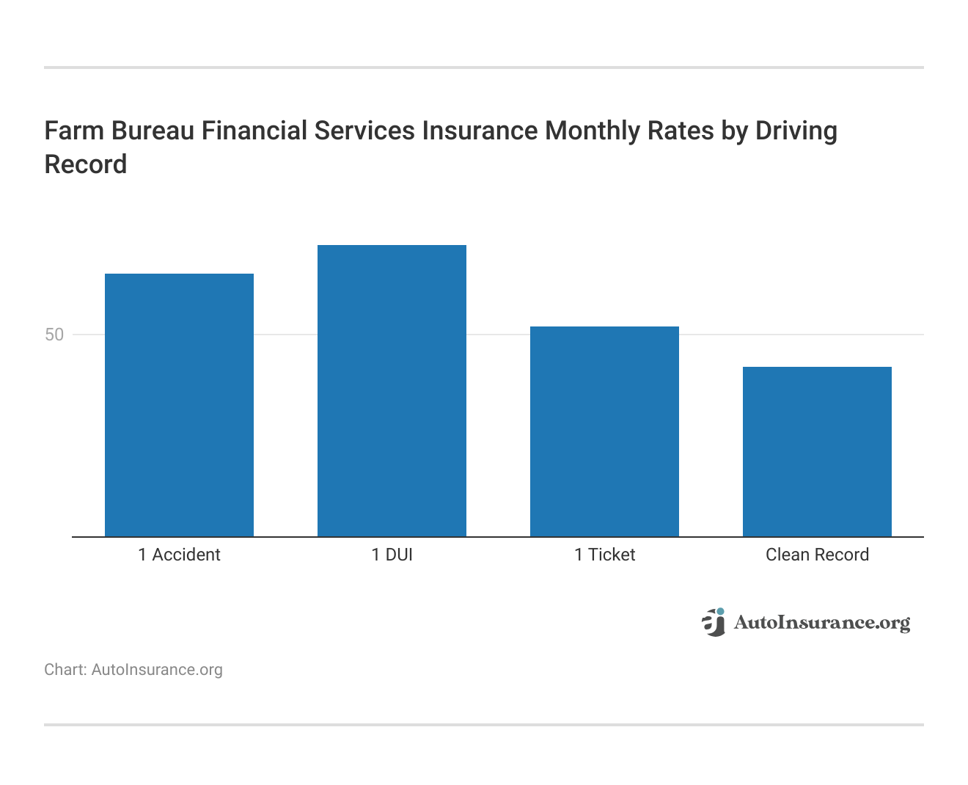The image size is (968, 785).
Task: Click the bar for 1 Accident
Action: pos(179,405)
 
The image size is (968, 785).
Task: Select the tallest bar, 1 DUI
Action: pos(392,390)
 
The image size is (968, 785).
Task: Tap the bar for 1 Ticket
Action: pos(604,431)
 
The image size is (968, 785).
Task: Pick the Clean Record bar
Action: pos(817,451)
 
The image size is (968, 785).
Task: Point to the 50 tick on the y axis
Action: pos(54,335)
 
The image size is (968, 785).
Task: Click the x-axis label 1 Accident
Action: pos(179,555)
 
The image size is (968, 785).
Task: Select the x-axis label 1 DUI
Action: pos(392,555)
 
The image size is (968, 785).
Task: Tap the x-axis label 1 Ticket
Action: pos(604,555)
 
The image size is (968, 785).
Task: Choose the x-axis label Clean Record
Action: pos(817,555)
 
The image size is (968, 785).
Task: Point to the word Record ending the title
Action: pos(85,164)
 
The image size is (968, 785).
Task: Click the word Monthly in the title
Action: pos(593,131)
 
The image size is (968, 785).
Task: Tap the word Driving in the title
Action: pos(796,131)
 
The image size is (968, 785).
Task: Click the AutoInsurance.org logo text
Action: pos(821,623)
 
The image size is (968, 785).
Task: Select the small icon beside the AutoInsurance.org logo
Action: pos(714,622)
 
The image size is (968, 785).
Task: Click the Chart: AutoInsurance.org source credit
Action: pos(133,670)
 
